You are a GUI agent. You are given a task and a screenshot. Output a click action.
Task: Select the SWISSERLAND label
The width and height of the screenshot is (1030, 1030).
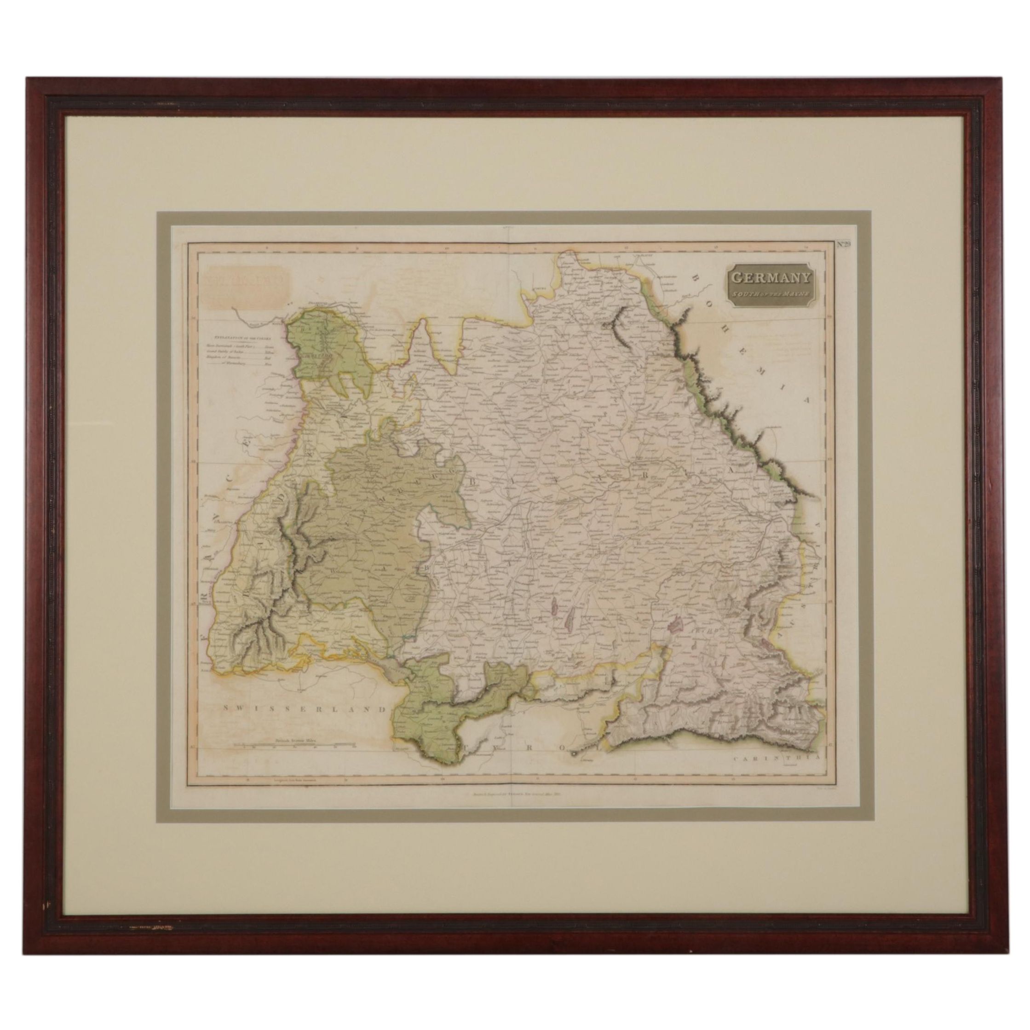pyautogui.click(x=305, y=709)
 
